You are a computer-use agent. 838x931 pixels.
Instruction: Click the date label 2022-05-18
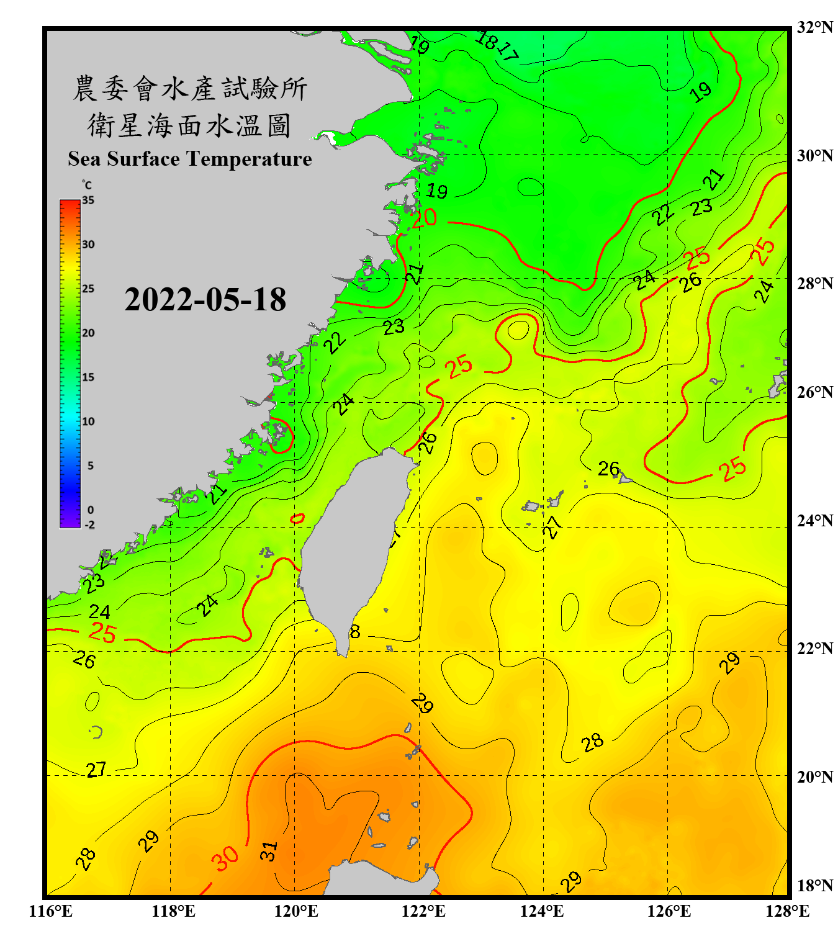click(205, 300)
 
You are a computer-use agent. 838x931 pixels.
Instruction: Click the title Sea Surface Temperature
click(189, 159)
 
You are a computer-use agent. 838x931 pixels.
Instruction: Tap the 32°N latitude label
click(814, 27)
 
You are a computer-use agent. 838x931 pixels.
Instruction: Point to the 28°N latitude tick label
click(814, 284)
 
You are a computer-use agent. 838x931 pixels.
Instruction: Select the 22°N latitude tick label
click(814, 649)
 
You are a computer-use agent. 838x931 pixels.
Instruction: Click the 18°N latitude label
click(814, 886)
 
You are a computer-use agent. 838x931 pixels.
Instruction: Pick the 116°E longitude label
click(51, 911)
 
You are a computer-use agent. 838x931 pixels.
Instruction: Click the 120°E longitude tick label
click(296, 911)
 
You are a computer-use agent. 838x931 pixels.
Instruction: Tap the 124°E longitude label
click(542, 911)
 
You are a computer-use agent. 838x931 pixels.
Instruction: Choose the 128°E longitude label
click(787, 911)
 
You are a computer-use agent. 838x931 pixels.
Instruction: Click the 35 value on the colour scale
click(88, 200)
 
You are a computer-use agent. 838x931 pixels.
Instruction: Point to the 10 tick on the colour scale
click(88, 421)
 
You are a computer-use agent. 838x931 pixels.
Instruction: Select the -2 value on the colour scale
click(89, 525)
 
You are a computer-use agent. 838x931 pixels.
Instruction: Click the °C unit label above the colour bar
click(87, 185)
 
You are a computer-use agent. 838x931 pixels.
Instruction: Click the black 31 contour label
click(268, 851)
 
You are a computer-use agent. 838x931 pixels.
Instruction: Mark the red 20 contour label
click(425, 218)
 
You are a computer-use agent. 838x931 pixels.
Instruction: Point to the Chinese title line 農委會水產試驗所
click(189, 89)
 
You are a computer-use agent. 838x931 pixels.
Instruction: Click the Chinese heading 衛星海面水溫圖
click(189, 125)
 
